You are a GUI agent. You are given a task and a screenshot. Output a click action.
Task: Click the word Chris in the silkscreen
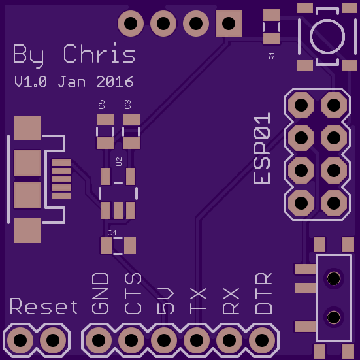99,54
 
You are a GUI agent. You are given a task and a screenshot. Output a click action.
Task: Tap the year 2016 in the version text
115,82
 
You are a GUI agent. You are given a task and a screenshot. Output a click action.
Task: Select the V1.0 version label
31,82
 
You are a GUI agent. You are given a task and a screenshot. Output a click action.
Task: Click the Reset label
44,306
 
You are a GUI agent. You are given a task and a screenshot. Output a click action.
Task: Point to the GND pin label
101,293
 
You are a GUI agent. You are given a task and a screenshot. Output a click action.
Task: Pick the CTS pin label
133,293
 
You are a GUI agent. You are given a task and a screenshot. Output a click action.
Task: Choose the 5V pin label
165,301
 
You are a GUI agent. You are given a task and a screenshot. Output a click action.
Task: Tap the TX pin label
198,301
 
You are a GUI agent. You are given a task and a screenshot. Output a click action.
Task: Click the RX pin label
231,301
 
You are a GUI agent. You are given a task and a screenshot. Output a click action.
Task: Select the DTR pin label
263,293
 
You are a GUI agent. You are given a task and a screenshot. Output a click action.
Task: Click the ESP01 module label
262,148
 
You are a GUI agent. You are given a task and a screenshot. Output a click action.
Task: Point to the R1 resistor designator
272,56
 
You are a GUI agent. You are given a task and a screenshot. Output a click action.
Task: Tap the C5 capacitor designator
101,105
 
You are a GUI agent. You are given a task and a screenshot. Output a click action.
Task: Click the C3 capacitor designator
127,105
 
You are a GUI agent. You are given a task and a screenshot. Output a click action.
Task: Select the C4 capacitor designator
112,233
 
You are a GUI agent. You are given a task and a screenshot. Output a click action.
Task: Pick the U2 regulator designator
119,161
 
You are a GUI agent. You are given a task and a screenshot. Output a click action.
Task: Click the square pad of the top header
229,24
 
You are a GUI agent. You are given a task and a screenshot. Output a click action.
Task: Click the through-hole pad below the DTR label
262,340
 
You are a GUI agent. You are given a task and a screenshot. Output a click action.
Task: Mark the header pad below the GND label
99,340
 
